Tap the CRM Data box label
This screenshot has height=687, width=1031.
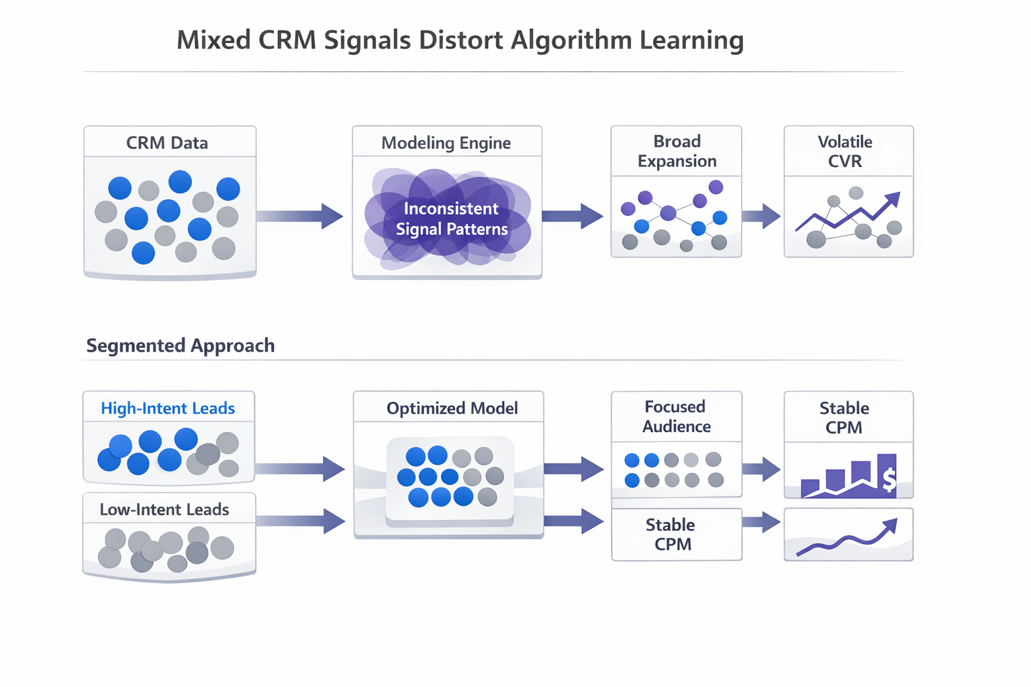click(167, 143)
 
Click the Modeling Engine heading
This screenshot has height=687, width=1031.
click(446, 143)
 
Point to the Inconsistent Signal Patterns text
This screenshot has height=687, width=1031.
click(451, 219)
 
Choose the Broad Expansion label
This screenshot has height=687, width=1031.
click(677, 151)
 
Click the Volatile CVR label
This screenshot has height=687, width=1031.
click(845, 151)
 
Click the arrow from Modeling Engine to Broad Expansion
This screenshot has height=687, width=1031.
click(573, 216)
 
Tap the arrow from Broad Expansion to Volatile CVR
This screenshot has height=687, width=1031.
click(761, 216)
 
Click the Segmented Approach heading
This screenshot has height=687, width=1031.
click(181, 346)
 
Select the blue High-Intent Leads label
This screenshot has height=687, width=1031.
click(168, 408)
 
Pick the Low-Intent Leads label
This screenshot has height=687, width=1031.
click(164, 510)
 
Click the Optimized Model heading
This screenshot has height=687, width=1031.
click(452, 408)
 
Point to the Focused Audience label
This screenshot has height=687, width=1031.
click(676, 417)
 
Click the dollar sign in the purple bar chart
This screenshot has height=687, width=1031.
click(889, 480)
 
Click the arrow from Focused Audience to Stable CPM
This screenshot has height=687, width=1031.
click(761, 468)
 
